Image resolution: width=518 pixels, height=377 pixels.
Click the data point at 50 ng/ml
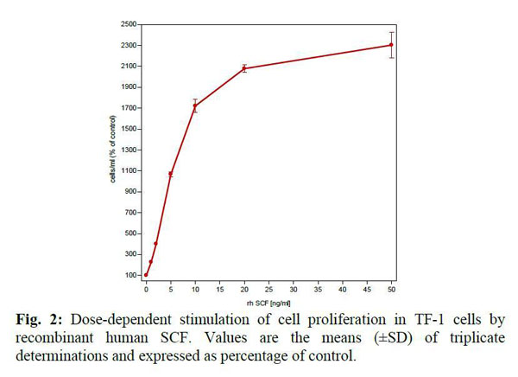coord(392,45)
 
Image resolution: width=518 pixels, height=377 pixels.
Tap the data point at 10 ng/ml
coord(195,106)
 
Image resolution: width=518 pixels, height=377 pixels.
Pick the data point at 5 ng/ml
coord(171,174)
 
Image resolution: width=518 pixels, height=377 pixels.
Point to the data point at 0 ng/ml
coord(146,275)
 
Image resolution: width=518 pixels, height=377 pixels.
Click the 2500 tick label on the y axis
coord(129,24)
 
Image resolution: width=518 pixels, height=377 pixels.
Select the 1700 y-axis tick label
coord(129,108)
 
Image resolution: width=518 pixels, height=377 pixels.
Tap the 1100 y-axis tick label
coord(129,170)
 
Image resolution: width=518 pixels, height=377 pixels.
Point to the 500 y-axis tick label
coord(131,233)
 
